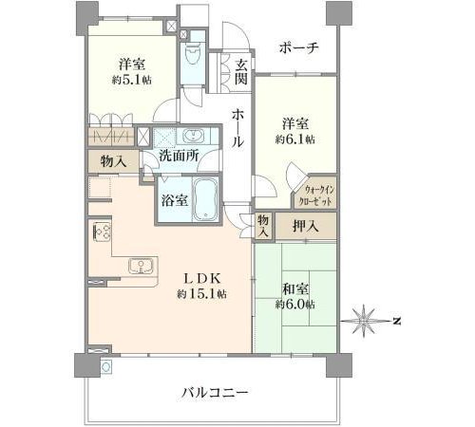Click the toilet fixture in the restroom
click(193, 54)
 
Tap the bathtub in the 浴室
click(205, 199)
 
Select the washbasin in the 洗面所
click(192, 137)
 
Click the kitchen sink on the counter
click(142, 266)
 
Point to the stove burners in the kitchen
click(102, 232)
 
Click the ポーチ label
click(299, 48)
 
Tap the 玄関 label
click(241, 72)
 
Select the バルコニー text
click(215, 393)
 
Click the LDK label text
click(202, 278)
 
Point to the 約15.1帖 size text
click(201, 294)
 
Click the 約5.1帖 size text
click(131, 80)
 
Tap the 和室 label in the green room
click(295, 289)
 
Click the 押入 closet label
click(306, 226)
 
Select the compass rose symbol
click(365, 321)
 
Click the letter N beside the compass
click(397, 321)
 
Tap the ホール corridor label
click(238, 129)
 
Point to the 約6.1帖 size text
click(295, 139)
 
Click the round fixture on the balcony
click(105, 366)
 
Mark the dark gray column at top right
click(339, 13)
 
